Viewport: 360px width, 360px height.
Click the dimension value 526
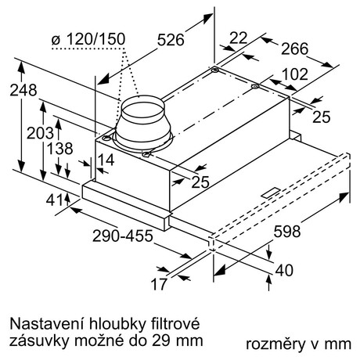tap(171, 41)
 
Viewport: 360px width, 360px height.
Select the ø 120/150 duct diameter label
tap(88, 39)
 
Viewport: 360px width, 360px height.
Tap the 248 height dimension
tap(23, 91)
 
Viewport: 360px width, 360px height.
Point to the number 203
tap(40, 133)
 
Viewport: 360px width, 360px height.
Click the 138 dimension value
tap(59, 149)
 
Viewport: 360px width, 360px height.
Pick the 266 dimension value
tap(294, 49)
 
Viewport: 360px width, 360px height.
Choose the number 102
tap(295, 74)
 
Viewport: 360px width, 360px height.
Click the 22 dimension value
tap(238, 38)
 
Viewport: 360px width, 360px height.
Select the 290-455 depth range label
tap(123, 236)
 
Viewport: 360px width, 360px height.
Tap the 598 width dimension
tap(287, 231)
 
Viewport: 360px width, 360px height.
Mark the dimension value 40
tap(284, 270)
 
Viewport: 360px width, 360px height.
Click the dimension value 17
tap(159, 284)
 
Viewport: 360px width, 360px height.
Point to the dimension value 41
tap(54, 200)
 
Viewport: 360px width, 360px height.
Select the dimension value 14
tap(106, 160)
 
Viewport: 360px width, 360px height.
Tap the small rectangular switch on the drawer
tap(270, 193)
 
